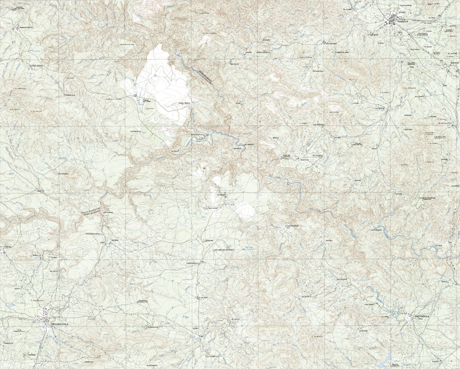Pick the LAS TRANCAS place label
136,131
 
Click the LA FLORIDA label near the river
375,230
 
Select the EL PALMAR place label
202,297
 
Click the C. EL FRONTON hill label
19,88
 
